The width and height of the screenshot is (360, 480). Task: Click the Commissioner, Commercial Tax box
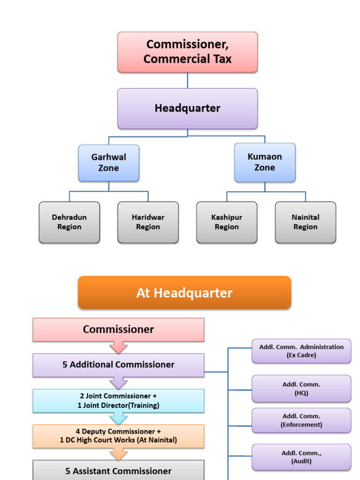tap(187, 52)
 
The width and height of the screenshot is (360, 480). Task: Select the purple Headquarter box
tap(187, 108)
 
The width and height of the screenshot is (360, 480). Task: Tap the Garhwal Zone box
tap(109, 163)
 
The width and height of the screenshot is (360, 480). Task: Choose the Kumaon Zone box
tap(265, 162)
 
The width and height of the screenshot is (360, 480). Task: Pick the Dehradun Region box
tap(69, 222)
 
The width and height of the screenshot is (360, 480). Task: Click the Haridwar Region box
tap(148, 222)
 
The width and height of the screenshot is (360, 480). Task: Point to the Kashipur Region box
tap(227, 222)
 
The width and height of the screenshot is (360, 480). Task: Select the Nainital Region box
tap(306, 222)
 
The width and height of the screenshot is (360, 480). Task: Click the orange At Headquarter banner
tap(185, 293)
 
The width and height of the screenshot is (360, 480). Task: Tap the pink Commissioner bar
tap(119, 330)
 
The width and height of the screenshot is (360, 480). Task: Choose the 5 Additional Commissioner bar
tap(119, 365)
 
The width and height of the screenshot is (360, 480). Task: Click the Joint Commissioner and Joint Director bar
tap(119, 401)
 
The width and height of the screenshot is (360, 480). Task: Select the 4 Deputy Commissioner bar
tap(119, 436)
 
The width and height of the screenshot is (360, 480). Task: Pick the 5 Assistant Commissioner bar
tap(119, 471)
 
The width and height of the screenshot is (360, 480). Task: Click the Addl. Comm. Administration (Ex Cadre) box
tap(301, 351)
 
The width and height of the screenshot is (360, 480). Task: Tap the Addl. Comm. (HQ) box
tap(301, 389)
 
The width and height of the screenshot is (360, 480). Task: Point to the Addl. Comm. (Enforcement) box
tap(301, 420)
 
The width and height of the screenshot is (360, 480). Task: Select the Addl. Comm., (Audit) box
tap(301, 457)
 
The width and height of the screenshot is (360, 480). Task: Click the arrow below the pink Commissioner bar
tap(119, 347)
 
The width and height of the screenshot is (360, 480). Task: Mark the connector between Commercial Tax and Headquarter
tap(187, 80)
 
